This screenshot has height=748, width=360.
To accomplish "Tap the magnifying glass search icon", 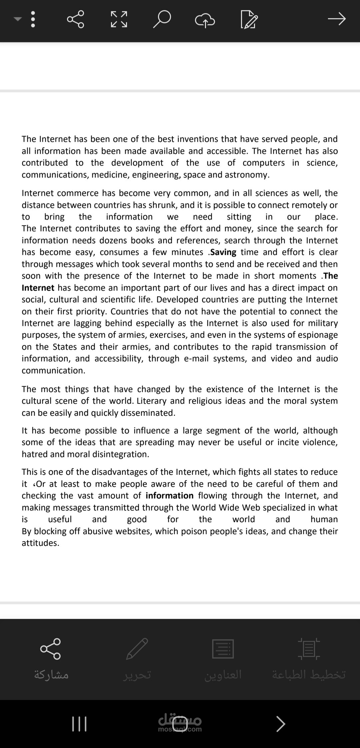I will click(162, 19).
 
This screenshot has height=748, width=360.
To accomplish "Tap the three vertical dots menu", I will click(33, 19).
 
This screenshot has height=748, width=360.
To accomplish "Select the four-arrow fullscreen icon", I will click(119, 19).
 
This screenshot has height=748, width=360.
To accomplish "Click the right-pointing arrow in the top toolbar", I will click(337, 19).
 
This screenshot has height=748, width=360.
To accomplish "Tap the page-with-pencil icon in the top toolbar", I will click(249, 20).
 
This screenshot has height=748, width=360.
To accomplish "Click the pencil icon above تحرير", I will click(137, 649).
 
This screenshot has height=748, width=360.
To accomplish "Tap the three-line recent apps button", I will click(79, 724).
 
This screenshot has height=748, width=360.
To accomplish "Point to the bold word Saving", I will click(223, 252).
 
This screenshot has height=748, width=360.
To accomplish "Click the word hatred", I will click(33, 454).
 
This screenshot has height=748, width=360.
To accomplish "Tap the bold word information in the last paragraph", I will click(169, 496).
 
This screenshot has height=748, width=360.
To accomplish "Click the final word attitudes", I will click(40, 543).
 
